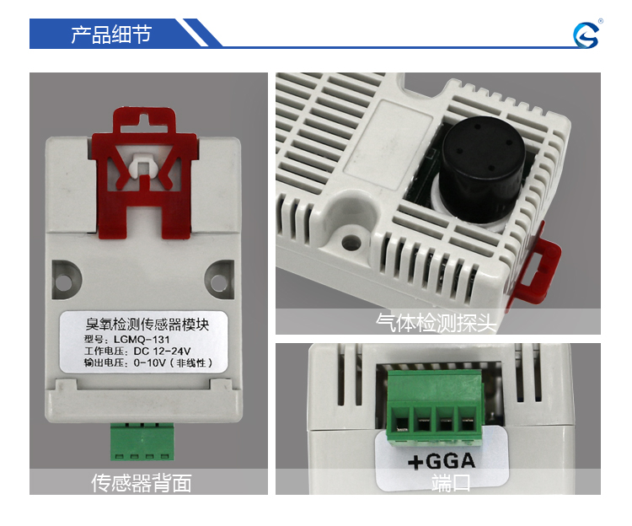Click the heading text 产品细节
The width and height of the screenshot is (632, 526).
pos(111,35)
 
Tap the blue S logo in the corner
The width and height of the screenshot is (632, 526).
pos(586,35)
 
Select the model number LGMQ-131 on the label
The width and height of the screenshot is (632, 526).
pos(142,340)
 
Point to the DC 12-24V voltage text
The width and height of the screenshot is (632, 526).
pos(162,351)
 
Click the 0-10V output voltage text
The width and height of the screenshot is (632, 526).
pos(149,362)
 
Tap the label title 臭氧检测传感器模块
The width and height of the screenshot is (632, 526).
pos(147,325)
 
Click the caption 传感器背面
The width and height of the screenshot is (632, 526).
pos(141,483)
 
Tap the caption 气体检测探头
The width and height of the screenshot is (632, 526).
pos(436,323)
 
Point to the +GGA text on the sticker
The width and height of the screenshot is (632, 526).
pos(442,461)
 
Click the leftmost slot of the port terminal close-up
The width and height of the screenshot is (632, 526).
pos(401,423)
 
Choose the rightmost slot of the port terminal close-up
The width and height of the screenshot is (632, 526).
pos(467,423)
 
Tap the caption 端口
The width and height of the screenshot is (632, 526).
pos(451,483)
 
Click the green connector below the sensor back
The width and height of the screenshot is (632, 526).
pos(142,442)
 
